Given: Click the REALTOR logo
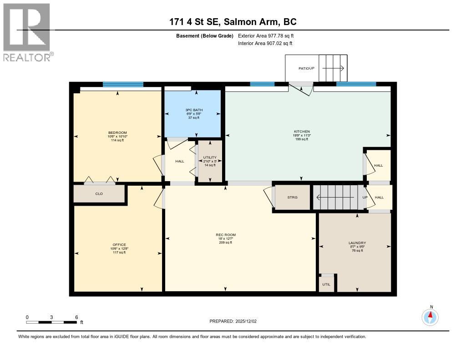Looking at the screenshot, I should [27, 32].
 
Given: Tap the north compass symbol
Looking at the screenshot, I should [430, 316].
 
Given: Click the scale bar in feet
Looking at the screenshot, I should [51, 322].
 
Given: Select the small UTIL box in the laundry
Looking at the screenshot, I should [326, 284].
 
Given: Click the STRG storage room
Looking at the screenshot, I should [292, 197].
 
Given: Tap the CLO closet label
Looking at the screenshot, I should [99, 194].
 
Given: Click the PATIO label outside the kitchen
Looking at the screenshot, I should [304, 68].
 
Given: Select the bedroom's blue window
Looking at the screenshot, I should [123, 84].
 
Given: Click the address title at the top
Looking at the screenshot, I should [233, 21].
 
